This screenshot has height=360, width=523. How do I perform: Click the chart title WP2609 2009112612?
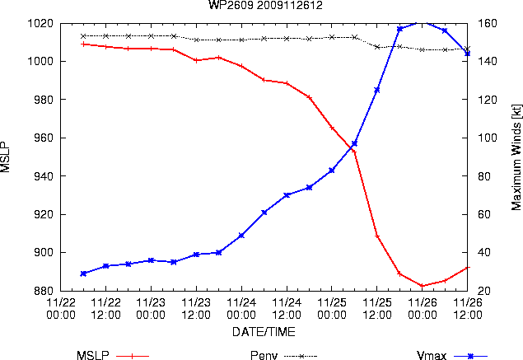(265, 5)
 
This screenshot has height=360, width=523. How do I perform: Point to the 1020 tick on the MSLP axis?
(40, 23)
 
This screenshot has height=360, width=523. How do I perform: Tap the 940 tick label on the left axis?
(44, 175)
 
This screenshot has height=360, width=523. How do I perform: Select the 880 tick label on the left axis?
(44, 291)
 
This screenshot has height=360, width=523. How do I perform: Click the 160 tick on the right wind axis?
(488, 23)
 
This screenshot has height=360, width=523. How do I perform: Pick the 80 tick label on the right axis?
(484, 175)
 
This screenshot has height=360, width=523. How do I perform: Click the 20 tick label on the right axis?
(484, 291)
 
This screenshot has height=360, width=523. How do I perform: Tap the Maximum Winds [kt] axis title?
(516, 157)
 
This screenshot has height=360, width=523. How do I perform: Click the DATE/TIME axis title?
(264, 332)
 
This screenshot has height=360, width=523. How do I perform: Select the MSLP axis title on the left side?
(5, 157)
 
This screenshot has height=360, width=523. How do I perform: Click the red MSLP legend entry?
(113, 356)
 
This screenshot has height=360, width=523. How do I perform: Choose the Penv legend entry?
(283, 356)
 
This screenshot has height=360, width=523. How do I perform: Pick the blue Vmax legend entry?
(452, 356)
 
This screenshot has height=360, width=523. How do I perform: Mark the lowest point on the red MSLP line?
(422, 286)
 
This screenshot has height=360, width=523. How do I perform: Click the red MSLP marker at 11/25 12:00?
(377, 236)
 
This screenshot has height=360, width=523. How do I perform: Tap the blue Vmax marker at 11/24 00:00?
(241, 236)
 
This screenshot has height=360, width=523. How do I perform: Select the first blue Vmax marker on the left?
(83, 274)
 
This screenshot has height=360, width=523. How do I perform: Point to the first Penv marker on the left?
(83, 36)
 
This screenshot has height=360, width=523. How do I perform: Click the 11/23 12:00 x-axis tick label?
(196, 309)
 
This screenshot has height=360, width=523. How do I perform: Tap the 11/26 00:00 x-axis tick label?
(422, 309)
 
